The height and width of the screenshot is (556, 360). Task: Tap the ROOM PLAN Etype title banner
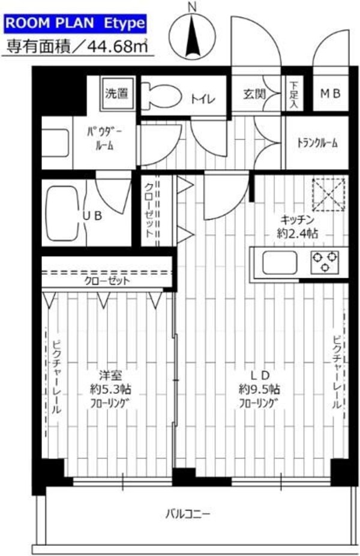[x=75, y=24]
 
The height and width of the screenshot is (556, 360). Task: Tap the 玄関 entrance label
[x=255, y=94]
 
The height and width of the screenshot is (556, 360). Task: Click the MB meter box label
[x=330, y=94]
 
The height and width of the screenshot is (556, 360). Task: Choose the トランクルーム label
[x=317, y=143]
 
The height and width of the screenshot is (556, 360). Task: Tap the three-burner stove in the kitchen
[x=324, y=261]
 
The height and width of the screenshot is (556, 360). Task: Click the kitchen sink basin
[x=276, y=262]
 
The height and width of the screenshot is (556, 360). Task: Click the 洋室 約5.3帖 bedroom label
[x=110, y=389]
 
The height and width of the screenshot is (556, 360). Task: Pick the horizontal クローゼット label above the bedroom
[x=107, y=280]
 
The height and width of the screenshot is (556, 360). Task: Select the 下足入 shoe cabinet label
[x=293, y=95]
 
